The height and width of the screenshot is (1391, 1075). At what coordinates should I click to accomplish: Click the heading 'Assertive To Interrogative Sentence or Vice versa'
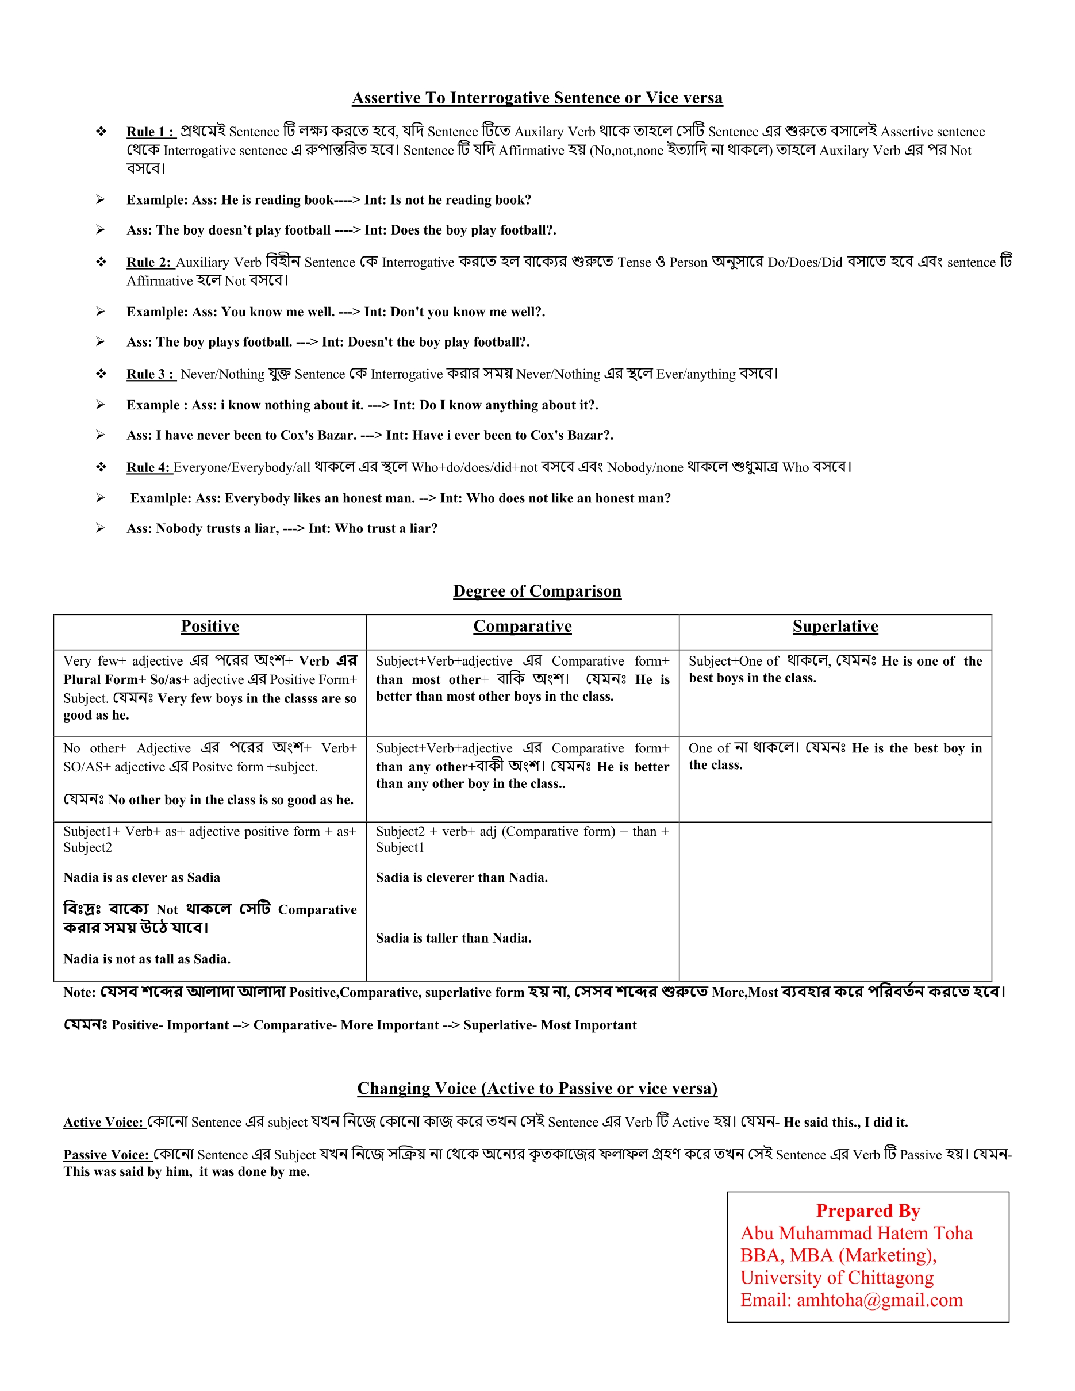point(537,98)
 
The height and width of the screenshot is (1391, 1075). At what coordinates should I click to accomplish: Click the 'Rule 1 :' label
point(149,132)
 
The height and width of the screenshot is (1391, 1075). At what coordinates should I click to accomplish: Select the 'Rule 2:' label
point(149,263)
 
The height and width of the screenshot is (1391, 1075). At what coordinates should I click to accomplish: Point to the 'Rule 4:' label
point(149,467)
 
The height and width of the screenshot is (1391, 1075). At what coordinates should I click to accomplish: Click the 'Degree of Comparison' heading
point(537,591)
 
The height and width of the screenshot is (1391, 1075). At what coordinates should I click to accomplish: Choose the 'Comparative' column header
point(522,626)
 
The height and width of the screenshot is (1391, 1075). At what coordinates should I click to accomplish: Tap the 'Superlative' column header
point(835,626)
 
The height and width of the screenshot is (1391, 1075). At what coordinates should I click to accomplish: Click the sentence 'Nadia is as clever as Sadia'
point(141,878)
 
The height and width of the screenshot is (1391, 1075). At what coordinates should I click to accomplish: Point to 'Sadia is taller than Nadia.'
point(454,938)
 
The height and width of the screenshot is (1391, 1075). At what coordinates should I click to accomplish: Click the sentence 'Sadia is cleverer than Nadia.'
point(462,878)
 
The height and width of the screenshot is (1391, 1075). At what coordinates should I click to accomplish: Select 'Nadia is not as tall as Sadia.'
point(147,959)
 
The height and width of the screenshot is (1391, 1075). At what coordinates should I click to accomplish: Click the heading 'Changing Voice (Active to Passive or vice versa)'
point(537,1089)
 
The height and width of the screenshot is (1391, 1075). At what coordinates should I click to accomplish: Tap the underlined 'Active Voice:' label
point(105,1123)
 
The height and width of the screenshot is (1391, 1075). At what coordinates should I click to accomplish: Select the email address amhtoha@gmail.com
point(880,1300)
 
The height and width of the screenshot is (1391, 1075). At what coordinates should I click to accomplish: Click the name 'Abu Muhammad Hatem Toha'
point(856,1233)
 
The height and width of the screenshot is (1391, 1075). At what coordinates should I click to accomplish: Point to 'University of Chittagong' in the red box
point(837,1278)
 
